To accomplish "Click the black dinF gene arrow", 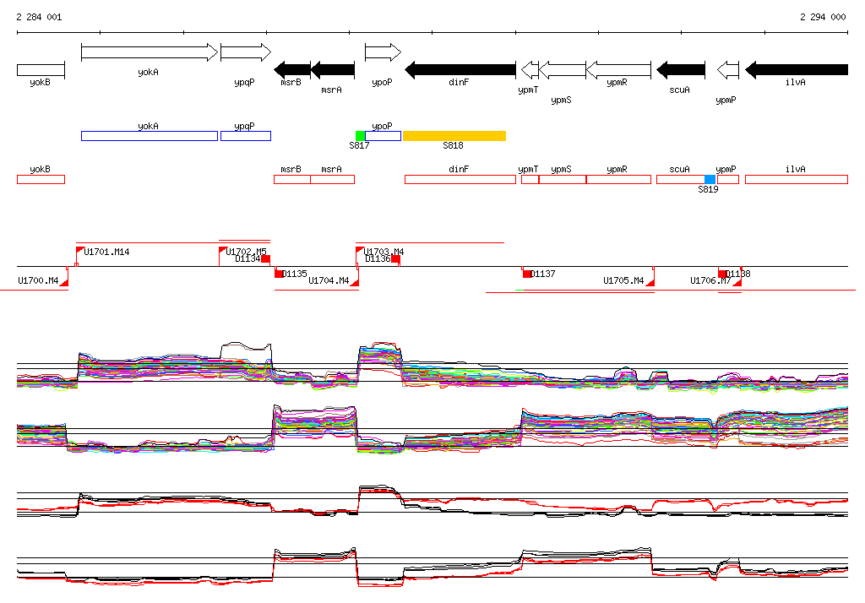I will tap(460, 69).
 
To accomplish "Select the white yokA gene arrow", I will tap(149, 52).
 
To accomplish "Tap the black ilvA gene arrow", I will tap(797, 69).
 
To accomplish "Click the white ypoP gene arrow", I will tap(383, 52).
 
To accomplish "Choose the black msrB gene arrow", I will tap(292, 69).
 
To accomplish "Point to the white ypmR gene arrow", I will tap(618, 69).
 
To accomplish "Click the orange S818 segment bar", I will tap(454, 136).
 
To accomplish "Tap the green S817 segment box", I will tap(360, 136).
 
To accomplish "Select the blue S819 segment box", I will tap(710, 179).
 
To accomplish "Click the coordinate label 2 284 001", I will tap(39, 17).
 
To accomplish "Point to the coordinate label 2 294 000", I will tap(823, 17).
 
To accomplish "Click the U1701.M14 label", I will tap(106, 252).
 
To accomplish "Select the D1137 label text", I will tap(543, 274).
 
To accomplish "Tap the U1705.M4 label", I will tap(623, 280).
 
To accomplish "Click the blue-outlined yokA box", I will tap(149, 136).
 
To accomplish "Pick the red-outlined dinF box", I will tap(460, 179).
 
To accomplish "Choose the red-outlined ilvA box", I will tap(796, 179).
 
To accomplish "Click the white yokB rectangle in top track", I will tap(41, 69).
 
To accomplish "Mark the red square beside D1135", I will tap(279, 274).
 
